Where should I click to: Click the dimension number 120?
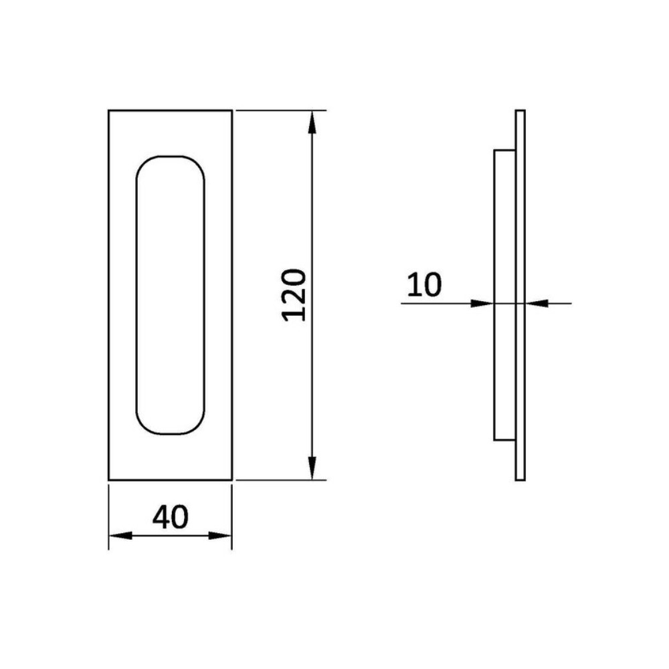(x=294, y=295)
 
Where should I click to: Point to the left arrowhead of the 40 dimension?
(x=120, y=535)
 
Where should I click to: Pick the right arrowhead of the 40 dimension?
(x=219, y=535)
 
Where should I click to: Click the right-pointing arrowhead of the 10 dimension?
(x=482, y=303)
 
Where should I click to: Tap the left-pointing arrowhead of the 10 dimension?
(x=537, y=303)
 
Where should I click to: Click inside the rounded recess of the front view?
(x=170, y=295)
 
